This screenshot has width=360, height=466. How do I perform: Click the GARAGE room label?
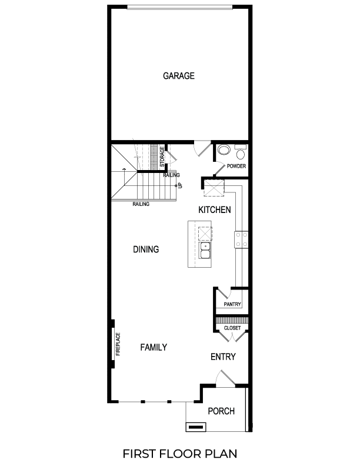[179, 76]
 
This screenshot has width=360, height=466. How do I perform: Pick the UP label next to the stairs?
[180, 185]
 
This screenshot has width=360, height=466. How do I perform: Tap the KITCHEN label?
[214, 210]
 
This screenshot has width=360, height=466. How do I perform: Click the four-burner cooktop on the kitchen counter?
[241, 239]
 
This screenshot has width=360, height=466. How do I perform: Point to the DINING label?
[146, 249]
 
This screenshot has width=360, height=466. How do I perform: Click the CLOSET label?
[233, 328]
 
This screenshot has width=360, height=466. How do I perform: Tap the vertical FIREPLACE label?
[118, 345]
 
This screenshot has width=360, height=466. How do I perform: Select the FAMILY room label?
[154, 348]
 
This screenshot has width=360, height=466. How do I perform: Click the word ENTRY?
[223, 357]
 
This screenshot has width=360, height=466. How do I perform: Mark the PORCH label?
[222, 411]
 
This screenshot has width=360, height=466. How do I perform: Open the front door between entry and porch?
[224, 379]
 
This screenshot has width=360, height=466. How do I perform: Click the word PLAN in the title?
[218, 454]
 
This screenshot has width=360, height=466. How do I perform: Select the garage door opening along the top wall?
[179, 8]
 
